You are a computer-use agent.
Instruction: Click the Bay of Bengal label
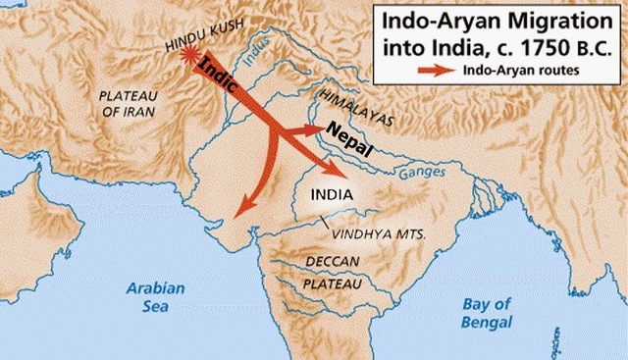tap(489, 312)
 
